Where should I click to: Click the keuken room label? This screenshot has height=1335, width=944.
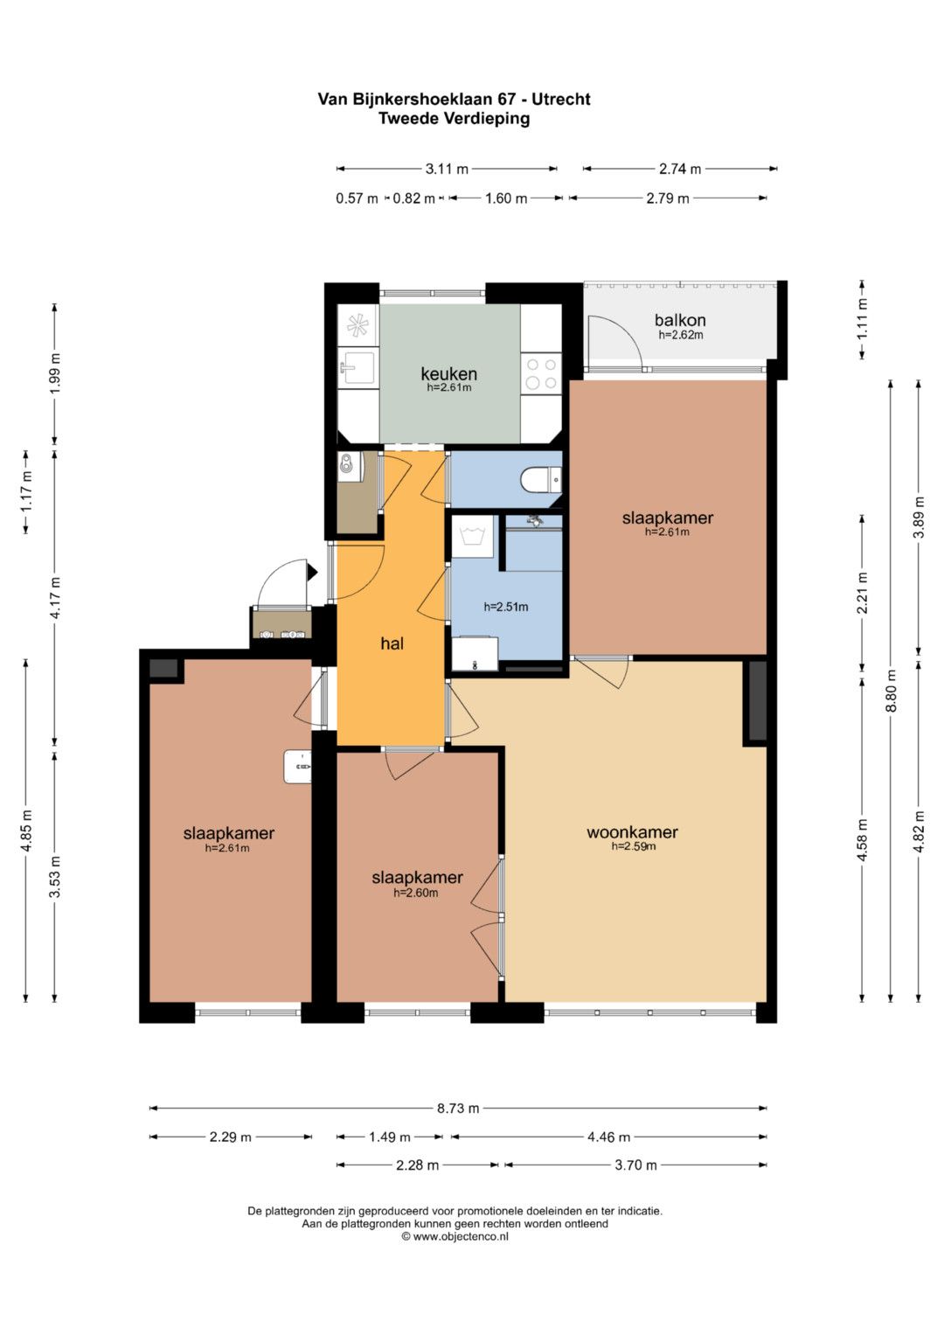pos(448,373)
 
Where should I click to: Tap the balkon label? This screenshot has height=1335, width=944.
pos(680,320)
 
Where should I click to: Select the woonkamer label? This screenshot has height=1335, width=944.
pos(632,832)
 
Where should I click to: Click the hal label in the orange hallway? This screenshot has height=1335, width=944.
pos(392,643)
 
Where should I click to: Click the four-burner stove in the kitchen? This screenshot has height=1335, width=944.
pos(541,373)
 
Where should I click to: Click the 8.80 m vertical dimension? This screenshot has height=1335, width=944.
pos(891,690)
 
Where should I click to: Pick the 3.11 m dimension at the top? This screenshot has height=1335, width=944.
pos(447,169)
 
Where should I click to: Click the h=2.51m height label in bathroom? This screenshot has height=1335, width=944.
pos(506,607)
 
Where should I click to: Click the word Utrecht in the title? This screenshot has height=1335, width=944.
pos(560,100)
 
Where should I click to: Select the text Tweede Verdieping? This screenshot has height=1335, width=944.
pos(455,119)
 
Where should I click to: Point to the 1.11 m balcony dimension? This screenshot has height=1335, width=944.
pos(863,319)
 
